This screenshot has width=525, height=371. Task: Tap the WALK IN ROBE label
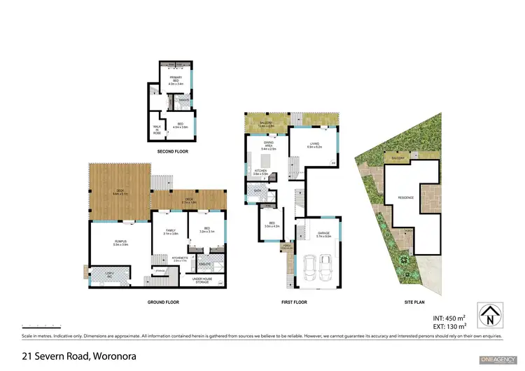coord(157,129)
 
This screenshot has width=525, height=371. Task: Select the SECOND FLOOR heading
coord(172,150)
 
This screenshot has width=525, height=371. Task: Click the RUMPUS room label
coord(120,242)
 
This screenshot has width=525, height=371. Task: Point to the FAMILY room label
coord(171,232)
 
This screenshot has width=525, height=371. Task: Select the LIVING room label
coord(314,145)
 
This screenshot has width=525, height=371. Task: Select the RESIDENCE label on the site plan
coord(406,197)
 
